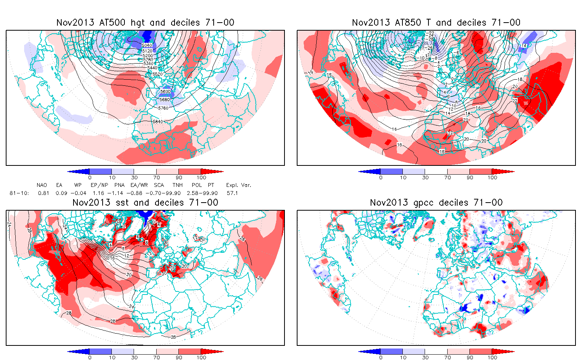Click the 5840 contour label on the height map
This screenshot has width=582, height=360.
(x=158, y=121)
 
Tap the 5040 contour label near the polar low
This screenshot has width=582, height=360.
(x=147, y=46)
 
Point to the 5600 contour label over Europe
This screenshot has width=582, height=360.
(x=165, y=92)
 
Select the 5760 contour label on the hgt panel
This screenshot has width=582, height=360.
(x=163, y=108)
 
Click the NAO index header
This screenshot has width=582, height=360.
(x=42, y=185)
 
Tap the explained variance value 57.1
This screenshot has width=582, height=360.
(x=232, y=193)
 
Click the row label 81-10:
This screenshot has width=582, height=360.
(x=19, y=193)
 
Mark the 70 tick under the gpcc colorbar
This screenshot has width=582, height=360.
(x=447, y=357)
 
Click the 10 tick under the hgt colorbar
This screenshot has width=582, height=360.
(x=112, y=177)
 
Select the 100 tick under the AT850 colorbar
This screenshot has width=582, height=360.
(x=492, y=177)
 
